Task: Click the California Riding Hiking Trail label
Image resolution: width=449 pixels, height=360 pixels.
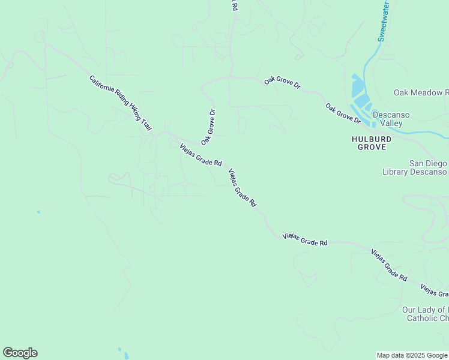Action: (120, 103)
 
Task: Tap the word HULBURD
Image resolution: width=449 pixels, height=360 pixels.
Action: (372, 139)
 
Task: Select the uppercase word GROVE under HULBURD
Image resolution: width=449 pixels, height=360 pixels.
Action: (372, 146)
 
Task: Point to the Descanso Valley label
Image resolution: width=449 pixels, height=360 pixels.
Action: (387, 118)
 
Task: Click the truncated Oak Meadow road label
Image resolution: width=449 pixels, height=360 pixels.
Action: (421, 92)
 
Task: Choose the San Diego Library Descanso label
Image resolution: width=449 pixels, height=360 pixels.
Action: (415, 167)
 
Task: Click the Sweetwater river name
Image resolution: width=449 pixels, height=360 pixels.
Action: (383, 21)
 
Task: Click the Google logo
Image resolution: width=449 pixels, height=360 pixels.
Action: (20, 353)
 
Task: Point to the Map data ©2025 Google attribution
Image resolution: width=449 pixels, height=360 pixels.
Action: (412, 355)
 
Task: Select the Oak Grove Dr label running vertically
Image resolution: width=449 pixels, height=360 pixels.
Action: (208, 127)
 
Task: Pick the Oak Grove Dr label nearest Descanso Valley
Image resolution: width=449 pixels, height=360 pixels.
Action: (343, 113)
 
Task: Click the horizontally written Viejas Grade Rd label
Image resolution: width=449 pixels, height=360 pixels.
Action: (305, 239)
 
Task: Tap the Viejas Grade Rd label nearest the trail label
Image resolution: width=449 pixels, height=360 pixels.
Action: (200, 154)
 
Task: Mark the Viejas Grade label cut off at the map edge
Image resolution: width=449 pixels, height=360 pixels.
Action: (434, 290)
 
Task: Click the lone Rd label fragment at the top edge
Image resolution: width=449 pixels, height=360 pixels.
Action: (235, 5)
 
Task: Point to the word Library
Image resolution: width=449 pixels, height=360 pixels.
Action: (395, 172)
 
